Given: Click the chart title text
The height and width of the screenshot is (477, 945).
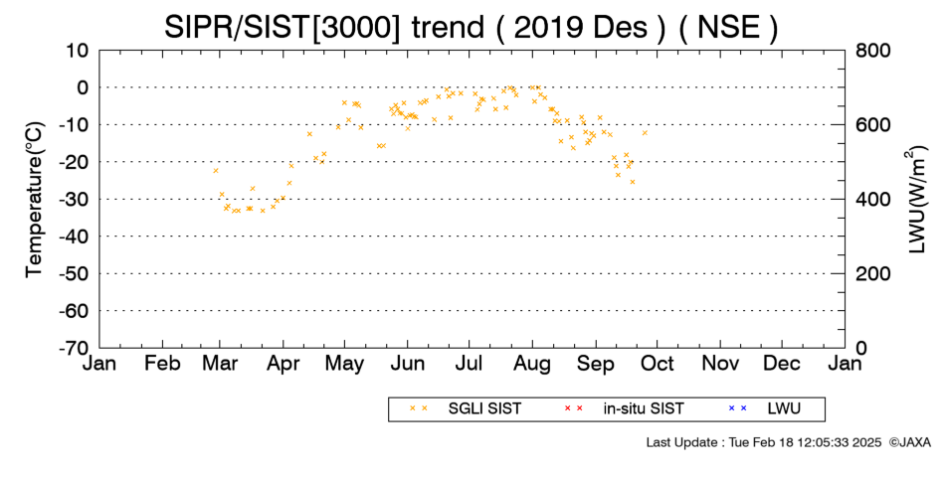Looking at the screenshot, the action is pos(471,27).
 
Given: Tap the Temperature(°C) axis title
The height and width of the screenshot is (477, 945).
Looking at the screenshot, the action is pos(35,200).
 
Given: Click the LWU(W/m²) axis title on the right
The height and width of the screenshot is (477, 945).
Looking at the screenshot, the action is pos(915,200).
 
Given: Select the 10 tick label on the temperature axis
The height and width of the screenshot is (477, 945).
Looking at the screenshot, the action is pos(78,51).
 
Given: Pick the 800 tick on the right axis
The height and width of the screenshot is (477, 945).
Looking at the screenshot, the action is pos(872,51).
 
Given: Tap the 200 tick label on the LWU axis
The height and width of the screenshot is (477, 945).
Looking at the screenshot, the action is pos(872,274).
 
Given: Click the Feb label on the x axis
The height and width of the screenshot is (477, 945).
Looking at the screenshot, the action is pos(162,364).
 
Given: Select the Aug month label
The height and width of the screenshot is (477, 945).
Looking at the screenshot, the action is pos(532,364).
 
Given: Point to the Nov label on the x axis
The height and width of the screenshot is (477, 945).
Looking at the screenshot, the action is pos(721,364).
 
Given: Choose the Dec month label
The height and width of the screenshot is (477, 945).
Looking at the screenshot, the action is pos(782,364).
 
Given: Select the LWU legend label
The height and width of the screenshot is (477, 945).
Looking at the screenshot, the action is pos(784,409).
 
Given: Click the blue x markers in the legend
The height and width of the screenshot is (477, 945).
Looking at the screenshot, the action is pos(737,408).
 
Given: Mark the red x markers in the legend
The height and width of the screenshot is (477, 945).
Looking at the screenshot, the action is pos(573,408).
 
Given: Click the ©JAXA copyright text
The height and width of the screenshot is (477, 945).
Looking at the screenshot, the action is pos(909,442).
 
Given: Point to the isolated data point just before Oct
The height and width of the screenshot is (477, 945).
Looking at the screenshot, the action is pos(645,132).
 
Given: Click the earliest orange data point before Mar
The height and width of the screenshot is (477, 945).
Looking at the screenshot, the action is pos(215,171).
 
